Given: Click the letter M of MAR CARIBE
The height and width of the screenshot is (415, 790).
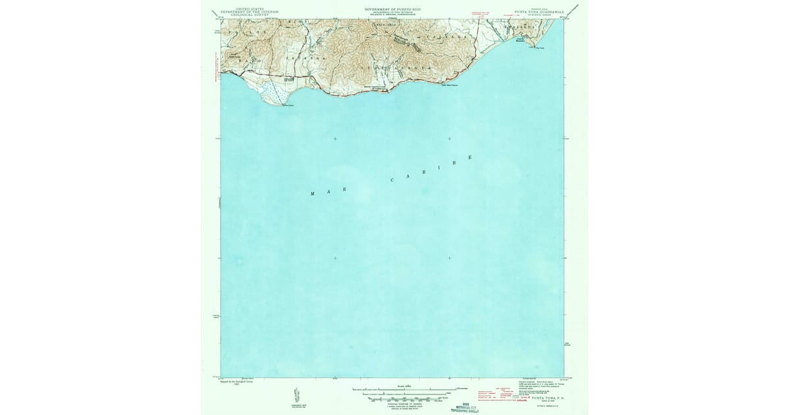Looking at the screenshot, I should (313, 194).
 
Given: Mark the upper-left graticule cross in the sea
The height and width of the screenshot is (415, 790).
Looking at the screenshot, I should (335, 139).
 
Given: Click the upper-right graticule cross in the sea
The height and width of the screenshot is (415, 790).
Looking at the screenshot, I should (449, 139).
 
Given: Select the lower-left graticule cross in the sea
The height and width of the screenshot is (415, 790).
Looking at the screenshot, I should (335, 258).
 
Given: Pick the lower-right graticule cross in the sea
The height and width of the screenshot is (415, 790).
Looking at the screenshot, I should (449, 258).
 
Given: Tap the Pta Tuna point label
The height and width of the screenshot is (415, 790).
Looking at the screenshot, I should (542, 47).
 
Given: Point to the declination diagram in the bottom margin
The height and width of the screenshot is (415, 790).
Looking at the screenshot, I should (294, 395).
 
